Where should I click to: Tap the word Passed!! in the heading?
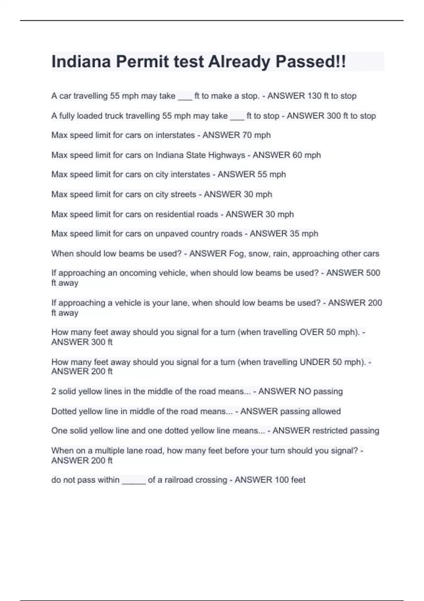[x=311, y=62]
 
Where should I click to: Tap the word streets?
[x=183, y=194]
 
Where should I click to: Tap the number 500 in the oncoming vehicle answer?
[x=373, y=273]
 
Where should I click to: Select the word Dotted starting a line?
[x=64, y=412]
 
